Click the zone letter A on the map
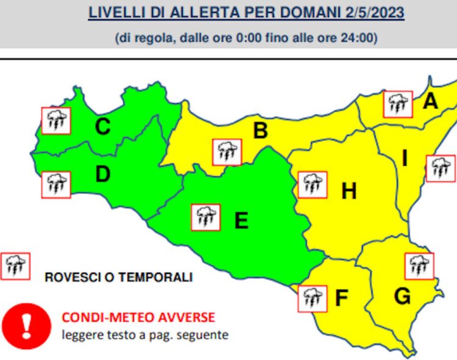(430, 101)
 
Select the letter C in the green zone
(102, 127)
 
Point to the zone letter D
(102, 175)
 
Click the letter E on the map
(241, 220)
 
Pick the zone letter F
(341, 298)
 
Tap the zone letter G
(402, 297)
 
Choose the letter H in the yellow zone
(349, 191)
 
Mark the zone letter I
(404, 159)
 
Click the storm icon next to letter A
(398, 104)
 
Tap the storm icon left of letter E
(206, 217)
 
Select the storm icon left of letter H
(313, 185)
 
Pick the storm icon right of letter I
(440, 168)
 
